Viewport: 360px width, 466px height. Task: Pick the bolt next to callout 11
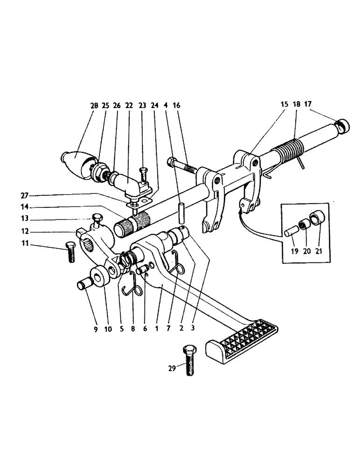click(70, 251)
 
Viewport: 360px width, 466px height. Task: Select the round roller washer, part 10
click(100, 276)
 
